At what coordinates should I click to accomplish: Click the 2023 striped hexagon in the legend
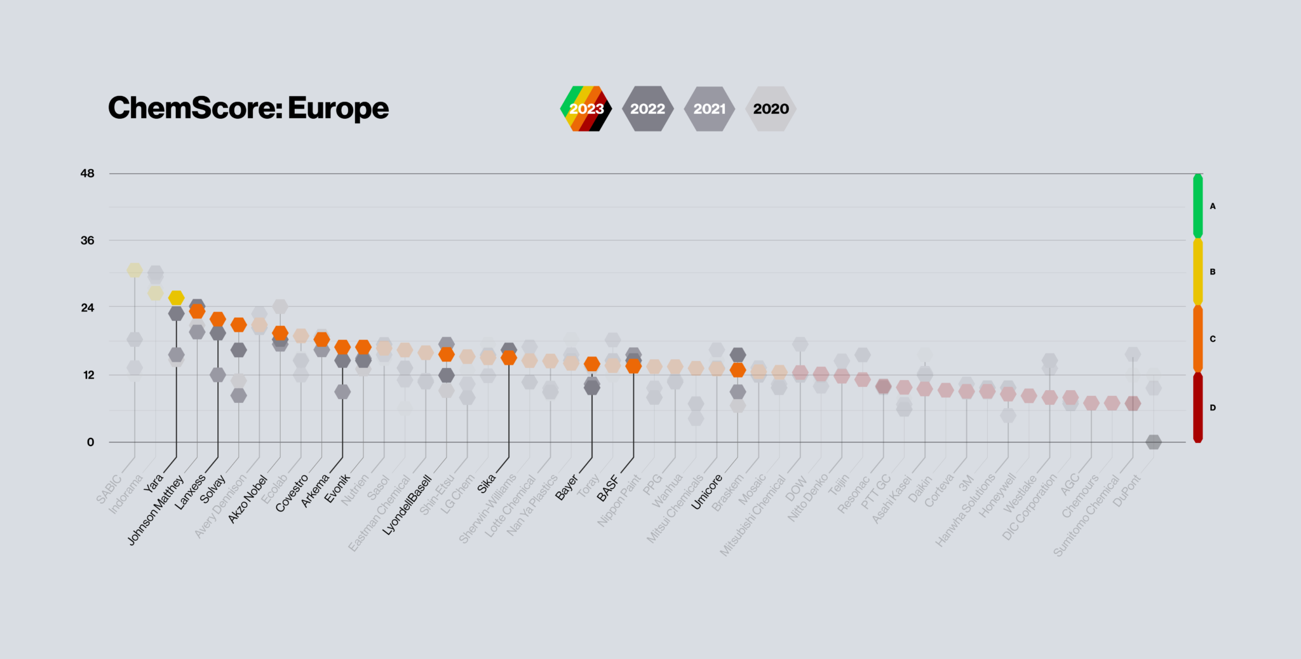click(586, 109)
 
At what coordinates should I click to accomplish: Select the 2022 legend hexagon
click(647, 109)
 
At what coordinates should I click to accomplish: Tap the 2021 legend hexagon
click(709, 109)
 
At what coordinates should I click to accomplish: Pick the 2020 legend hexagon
click(771, 109)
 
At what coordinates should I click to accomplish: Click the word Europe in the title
click(338, 108)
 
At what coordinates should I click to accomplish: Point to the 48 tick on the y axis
click(87, 173)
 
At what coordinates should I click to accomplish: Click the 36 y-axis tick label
click(87, 241)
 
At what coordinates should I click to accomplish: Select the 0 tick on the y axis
click(90, 442)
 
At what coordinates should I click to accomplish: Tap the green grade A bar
click(1197, 206)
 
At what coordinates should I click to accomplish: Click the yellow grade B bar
click(1197, 272)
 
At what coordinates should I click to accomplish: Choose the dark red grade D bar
click(1197, 407)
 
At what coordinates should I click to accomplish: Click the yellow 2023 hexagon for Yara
click(176, 297)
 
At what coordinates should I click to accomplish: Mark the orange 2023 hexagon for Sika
click(509, 358)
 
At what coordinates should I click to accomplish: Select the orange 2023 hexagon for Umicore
click(738, 370)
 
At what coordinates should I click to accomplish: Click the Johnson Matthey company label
click(156, 510)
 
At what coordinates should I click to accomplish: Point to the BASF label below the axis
click(608, 488)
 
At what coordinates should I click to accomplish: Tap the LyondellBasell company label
click(407, 506)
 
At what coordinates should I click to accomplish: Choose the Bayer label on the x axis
click(567, 487)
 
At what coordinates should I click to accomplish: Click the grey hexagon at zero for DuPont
click(1154, 442)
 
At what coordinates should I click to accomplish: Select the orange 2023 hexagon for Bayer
click(592, 364)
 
